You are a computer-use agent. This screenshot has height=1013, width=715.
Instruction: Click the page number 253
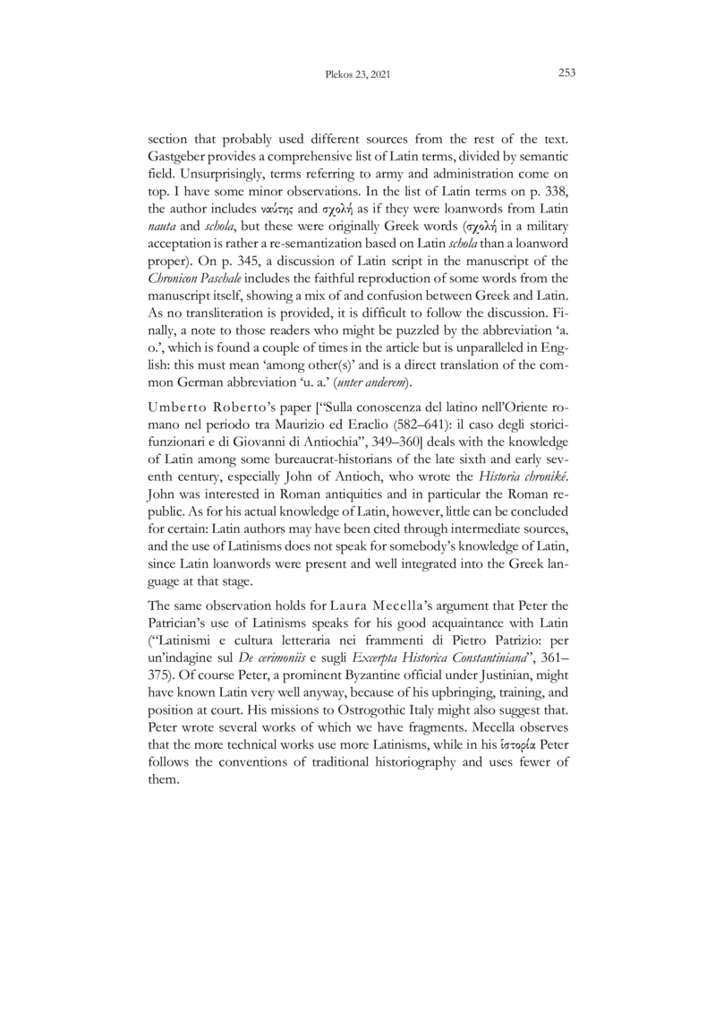click(x=566, y=73)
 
